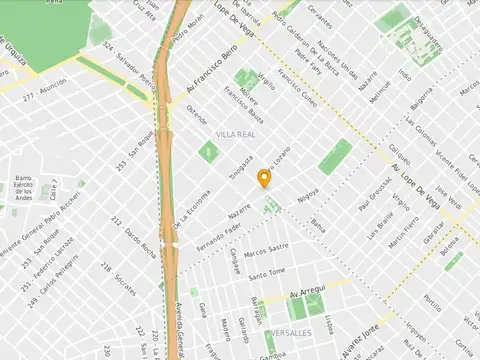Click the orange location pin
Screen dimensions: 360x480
pyautogui.click(x=264, y=178)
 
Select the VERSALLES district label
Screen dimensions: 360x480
pyautogui.click(x=290, y=332)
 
